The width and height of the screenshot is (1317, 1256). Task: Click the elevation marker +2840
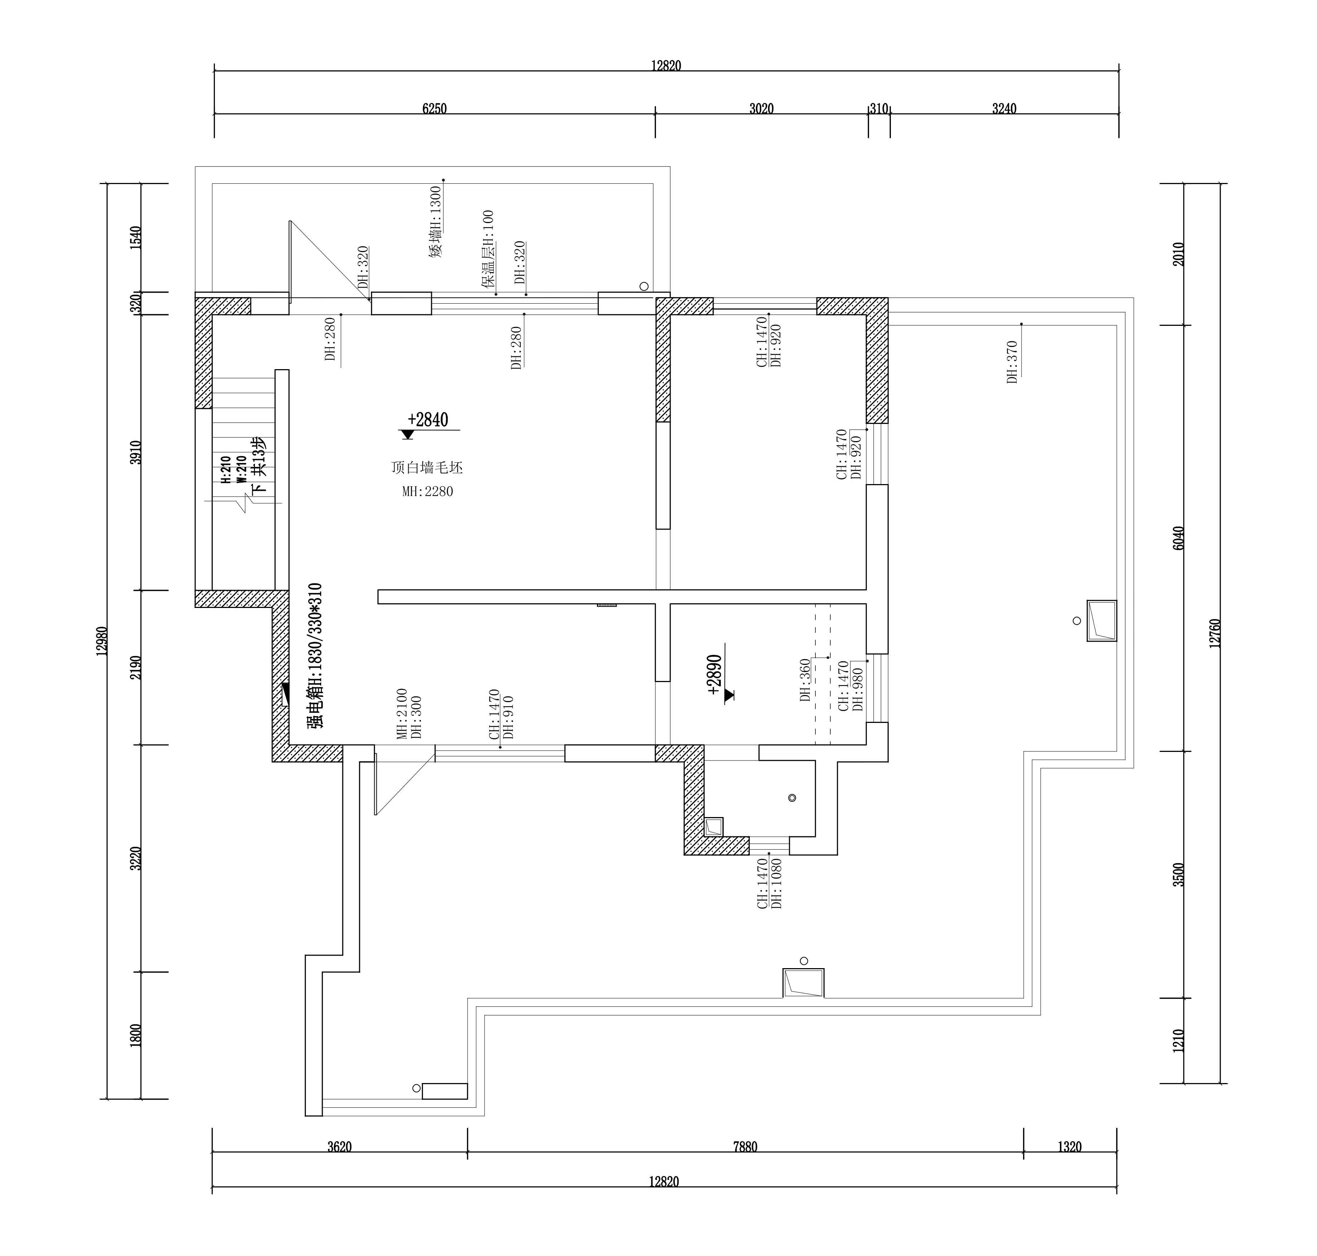point(428,420)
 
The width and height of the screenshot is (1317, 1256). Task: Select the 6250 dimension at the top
point(435,108)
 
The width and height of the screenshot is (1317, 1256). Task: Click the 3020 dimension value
point(761,108)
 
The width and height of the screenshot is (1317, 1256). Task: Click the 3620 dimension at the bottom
point(339,1147)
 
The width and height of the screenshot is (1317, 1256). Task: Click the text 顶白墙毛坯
point(427,467)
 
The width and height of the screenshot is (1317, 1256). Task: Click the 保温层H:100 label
point(487,249)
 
